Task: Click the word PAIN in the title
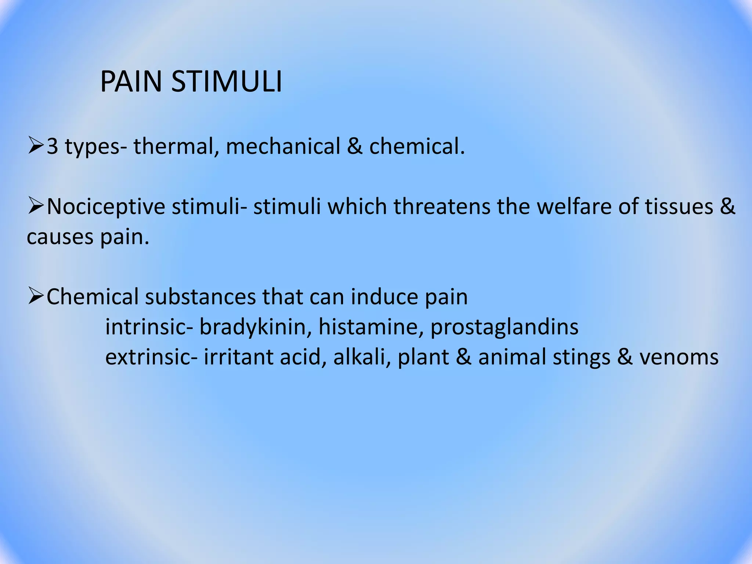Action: pyautogui.click(x=131, y=82)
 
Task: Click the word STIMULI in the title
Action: pyautogui.click(x=227, y=82)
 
